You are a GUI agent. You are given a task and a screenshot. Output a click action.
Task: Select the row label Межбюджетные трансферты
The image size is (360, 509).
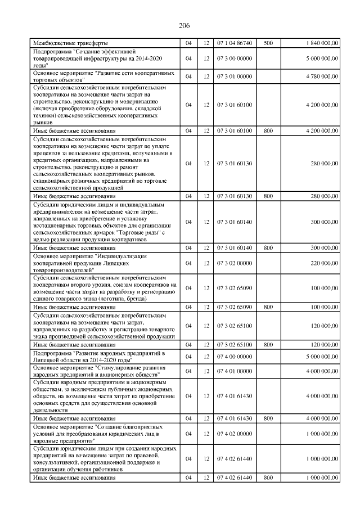pyautogui.click(x=70, y=43)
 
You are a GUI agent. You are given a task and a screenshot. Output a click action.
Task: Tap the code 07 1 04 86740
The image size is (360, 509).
pyautogui.click(x=235, y=43)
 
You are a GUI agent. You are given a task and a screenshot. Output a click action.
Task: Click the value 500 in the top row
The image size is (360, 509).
pyautogui.click(x=268, y=43)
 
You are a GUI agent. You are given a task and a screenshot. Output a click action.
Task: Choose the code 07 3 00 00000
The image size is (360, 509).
pyautogui.click(x=235, y=58)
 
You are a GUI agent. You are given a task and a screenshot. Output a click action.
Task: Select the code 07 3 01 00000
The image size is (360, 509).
pyautogui.click(x=235, y=76)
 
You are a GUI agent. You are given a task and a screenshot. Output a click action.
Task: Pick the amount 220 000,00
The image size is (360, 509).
pyautogui.click(x=324, y=263)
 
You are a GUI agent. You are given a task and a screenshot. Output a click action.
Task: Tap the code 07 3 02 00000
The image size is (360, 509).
pyautogui.click(x=235, y=263)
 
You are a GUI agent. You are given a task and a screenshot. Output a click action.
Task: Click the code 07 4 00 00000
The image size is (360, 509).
pyautogui.click(x=235, y=357)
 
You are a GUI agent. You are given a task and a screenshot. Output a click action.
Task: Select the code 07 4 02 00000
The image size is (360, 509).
pyautogui.click(x=235, y=434)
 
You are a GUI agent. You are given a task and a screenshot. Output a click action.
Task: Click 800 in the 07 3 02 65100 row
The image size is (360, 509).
pyautogui.click(x=268, y=344)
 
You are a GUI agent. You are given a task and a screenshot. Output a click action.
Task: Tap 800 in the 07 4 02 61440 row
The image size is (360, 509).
pyautogui.click(x=268, y=477)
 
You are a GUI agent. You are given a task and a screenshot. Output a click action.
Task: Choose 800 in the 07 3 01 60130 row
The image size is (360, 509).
pyautogui.click(x=268, y=196)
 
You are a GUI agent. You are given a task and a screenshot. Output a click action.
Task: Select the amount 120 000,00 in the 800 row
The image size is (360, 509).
pyautogui.click(x=324, y=344)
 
